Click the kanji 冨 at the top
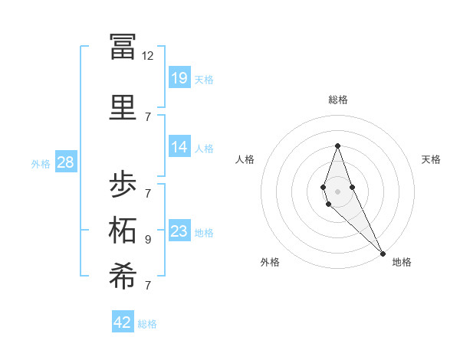pyautogui.click(x=123, y=47)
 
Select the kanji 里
pyautogui.click(x=123, y=106)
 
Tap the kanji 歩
pyautogui.click(x=123, y=185)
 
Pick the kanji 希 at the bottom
pyautogui.click(x=123, y=277)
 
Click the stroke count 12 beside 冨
pyautogui.click(x=148, y=56)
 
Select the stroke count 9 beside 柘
pyautogui.click(x=148, y=239)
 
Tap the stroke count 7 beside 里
pyautogui.click(x=148, y=116)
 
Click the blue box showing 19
pyautogui.click(x=179, y=77)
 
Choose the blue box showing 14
pyautogui.click(x=179, y=147)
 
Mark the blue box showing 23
pyautogui.click(x=179, y=231)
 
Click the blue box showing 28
pyautogui.click(x=65, y=162)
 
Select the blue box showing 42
pyautogui.click(x=123, y=322)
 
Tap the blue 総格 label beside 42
pyautogui.click(x=147, y=324)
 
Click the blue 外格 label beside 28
pyautogui.click(x=41, y=163)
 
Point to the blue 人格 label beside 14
pyautogui.click(x=204, y=149)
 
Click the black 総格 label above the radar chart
pyautogui.click(x=338, y=100)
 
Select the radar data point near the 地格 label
pyautogui.click(x=383, y=253)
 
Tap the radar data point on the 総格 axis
pyautogui.click(x=337, y=146)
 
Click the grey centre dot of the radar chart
pyautogui.click(x=337, y=191)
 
